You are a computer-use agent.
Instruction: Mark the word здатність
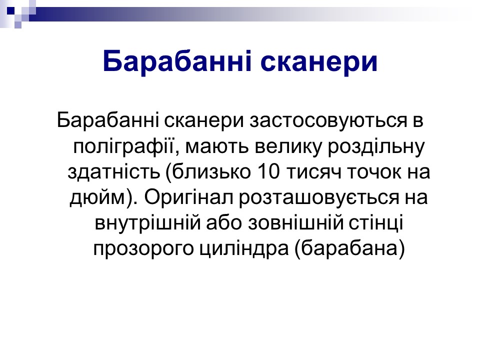(x=114, y=172)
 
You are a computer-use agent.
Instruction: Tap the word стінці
(x=376, y=223)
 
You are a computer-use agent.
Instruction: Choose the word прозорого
(x=143, y=249)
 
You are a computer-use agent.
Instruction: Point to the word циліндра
(x=244, y=249)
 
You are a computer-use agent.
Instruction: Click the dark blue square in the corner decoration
(x=10, y=10)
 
